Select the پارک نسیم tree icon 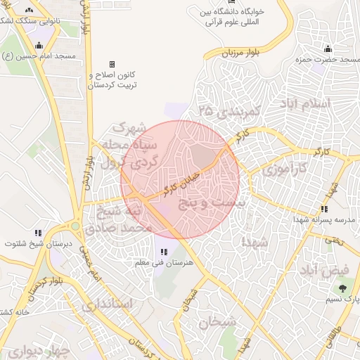tap(343, 288)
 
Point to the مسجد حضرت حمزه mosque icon tap(328, 49)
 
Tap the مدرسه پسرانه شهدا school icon tap(323, 209)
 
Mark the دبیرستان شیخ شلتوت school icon tap(39, 232)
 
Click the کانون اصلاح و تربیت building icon tap(112, 64)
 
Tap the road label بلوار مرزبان tap(242, 53)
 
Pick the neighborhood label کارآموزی tap(284, 170)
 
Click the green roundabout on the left tap(74, 226)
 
